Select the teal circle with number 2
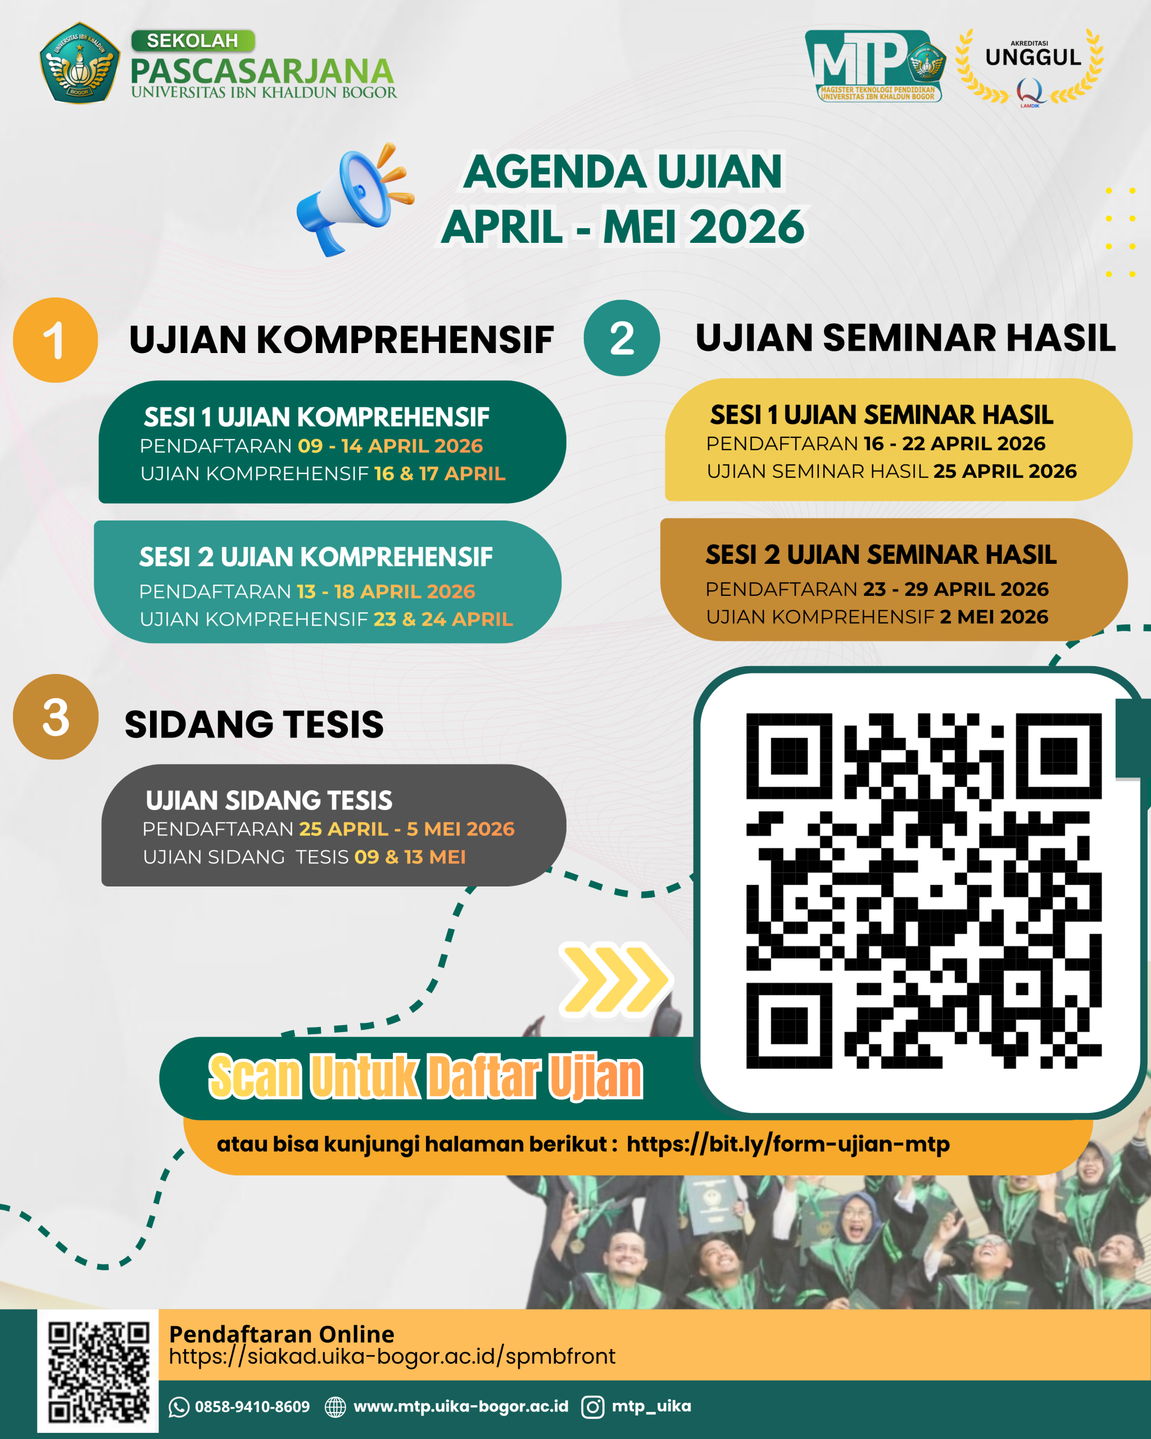pos(621,338)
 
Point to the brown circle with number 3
pos(56,717)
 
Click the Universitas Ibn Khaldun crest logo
pos(80,64)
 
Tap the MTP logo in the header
pos(874,65)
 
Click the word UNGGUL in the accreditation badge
pos(1033,58)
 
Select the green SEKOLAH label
pos(193,40)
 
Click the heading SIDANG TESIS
pos(254,724)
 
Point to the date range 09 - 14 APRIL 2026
pos(391,446)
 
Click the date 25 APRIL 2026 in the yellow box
pos(1005,471)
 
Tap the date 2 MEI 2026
pos(994,617)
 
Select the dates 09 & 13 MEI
pos(410,857)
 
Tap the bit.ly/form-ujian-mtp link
pos(788,1144)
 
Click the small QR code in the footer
pos(98,1371)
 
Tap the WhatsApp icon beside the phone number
pos(179,1407)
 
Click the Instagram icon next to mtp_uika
pos(592,1407)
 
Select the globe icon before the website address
pos(335,1407)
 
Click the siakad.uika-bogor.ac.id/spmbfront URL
pos(392,1356)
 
